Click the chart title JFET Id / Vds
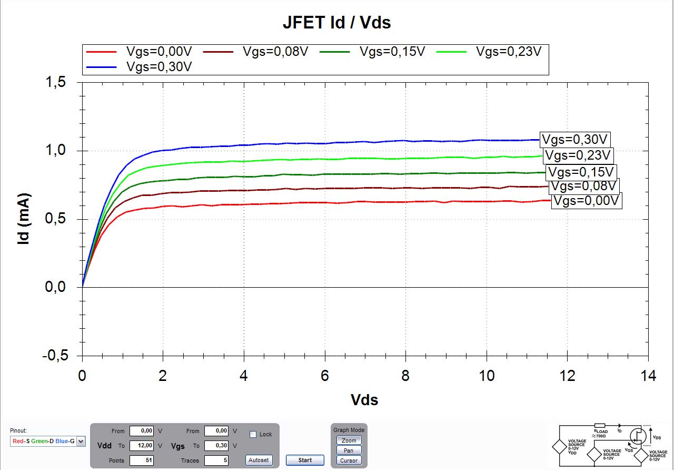[336, 23]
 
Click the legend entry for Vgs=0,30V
[158, 66]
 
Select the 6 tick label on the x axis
[325, 376]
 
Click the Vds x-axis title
[364, 400]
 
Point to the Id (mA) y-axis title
[24, 220]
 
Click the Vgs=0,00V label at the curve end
[587, 201]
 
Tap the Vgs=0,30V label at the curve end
[576, 140]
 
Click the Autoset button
[259, 460]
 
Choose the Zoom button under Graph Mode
[349, 440]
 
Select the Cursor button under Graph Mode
[349, 461]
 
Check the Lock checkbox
[253, 434]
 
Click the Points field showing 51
[142, 461]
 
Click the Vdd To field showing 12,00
[142, 446]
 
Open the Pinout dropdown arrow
[81, 441]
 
